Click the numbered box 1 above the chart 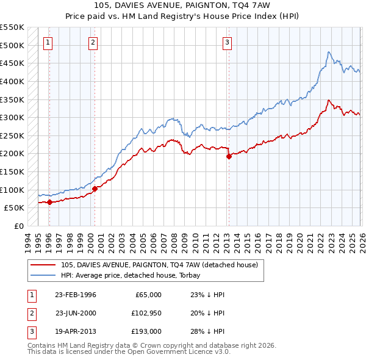coord(48,42)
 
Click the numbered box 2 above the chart coord(93,42)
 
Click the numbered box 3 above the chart coord(227,42)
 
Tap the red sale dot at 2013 coord(229,156)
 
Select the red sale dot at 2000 coord(95,189)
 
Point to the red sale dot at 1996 coord(49,203)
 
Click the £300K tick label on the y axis coord(12,117)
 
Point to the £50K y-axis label coord(14,207)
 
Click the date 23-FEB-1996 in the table coord(76,295)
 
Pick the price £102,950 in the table coord(145,314)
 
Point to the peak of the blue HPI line coord(328,52)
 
